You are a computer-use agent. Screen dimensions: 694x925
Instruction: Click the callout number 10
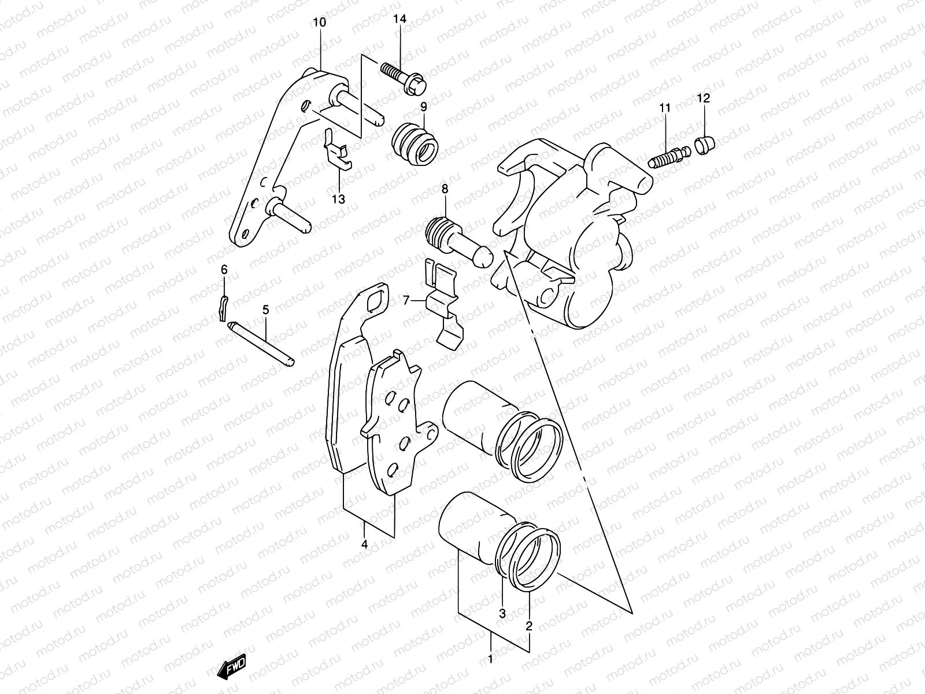pyautogui.click(x=319, y=23)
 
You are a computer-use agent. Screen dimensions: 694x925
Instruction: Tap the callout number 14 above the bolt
pyautogui.click(x=399, y=19)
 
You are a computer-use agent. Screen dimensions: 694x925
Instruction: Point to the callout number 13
pyautogui.click(x=338, y=200)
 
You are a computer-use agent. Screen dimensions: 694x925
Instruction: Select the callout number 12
pyautogui.click(x=703, y=98)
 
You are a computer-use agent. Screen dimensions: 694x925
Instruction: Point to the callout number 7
pyautogui.click(x=406, y=300)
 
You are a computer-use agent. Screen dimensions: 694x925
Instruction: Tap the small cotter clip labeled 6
pyautogui.click(x=224, y=306)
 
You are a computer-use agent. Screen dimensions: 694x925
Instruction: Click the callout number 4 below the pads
pyautogui.click(x=365, y=544)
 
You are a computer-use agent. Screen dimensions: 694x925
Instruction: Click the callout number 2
pyautogui.click(x=528, y=625)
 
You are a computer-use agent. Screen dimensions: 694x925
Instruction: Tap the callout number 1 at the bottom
pyautogui.click(x=491, y=659)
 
